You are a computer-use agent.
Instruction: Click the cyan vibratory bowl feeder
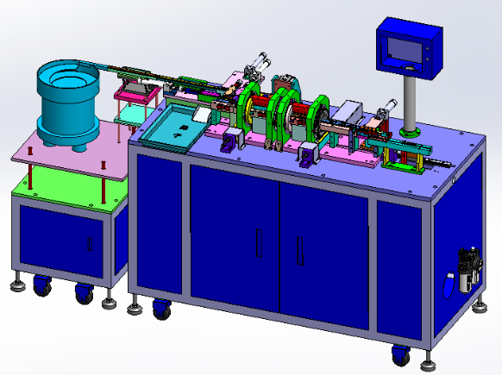tap(67, 102)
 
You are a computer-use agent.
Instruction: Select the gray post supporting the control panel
tap(411, 102)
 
